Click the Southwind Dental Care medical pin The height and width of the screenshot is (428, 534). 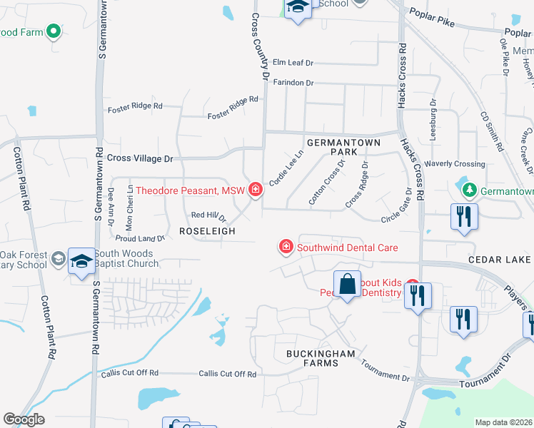tap(286, 247)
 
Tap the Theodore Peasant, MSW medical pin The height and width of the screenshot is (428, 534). tap(255, 190)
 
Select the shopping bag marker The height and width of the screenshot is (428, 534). tap(347, 285)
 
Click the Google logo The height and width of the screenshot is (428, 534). tap(24, 419)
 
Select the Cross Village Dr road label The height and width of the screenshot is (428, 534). tap(140, 158)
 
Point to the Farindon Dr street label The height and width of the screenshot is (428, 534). tap(293, 83)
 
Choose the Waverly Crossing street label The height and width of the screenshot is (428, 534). tap(459, 164)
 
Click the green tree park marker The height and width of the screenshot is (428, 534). tap(470, 190)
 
